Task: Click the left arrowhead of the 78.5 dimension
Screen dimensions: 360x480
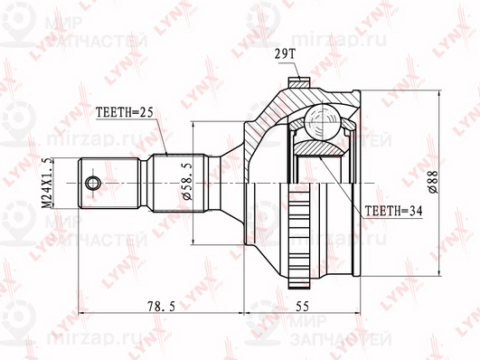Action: point(82,315)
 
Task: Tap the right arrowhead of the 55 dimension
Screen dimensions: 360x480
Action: point(359,315)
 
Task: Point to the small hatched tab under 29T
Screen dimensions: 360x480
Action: point(297,84)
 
